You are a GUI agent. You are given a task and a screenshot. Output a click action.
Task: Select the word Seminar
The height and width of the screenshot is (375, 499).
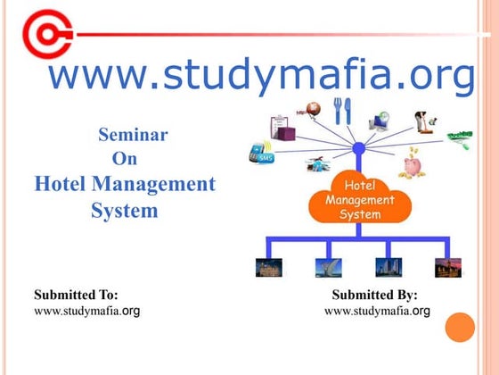pyautogui.click(x=132, y=136)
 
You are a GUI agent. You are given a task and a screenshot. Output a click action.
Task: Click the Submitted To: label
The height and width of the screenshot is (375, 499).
pyautogui.click(x=76, y=294)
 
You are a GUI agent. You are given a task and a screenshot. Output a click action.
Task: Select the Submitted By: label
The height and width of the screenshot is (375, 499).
pyautogui.click(x=374, y=294)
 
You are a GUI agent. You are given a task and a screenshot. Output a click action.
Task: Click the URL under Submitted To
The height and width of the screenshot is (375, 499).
pyautogui.click(x=86, y=311)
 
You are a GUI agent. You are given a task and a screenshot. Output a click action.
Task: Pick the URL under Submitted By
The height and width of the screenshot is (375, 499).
pyautogui.click(x=377, y=311)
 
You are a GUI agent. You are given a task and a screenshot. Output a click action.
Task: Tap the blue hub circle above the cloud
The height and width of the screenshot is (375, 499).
pyautogui.click(x=358, y=148)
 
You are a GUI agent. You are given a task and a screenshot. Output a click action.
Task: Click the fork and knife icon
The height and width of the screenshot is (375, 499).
pyautogui.click(x=343, y=111)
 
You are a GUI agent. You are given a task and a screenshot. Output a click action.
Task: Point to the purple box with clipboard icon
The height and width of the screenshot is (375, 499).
pyautogui.click(x=282, y=128)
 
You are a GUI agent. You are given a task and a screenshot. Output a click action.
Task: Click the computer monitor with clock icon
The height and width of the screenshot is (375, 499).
pyautogui.click(x=380, y=120)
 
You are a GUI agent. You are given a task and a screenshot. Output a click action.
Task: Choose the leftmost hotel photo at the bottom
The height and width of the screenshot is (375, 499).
pyautogui.click(x=268, y=266)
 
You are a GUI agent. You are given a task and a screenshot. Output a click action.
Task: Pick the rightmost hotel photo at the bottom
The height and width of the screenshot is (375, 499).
pyautogui.click(x=447, y=266)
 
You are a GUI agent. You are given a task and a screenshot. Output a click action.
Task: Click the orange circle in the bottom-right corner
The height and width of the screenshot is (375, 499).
pyautogui.click(x=461, y=328)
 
